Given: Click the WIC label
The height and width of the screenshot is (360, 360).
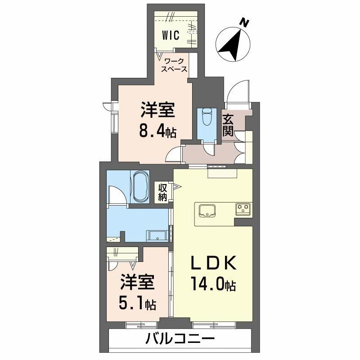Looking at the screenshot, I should [x=171, y=35].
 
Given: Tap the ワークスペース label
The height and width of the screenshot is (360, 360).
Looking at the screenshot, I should [x=175, y=64].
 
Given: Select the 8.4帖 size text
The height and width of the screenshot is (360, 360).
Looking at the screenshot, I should [x=157, y=131].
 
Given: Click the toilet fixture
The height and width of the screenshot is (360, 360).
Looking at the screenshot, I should [x=207, y=117].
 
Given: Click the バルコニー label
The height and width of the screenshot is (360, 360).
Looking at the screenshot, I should [x=180, y=338].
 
